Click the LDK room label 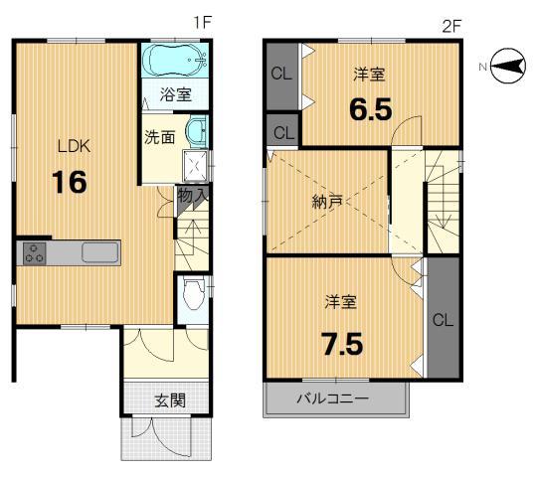[74, 147]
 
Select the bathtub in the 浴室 [175, 62]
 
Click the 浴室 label [175, 96]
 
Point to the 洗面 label [158, 137]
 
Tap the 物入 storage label [192, 196]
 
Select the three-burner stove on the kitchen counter [35, 252]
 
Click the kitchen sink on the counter [100, 252]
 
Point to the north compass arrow [506, 67]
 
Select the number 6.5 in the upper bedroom [371, 106]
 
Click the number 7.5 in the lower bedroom [342, 344]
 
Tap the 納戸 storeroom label [327, 202]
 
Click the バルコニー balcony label [334, 399]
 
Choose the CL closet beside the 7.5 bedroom [444, 320]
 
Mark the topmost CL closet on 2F [279, 73]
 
